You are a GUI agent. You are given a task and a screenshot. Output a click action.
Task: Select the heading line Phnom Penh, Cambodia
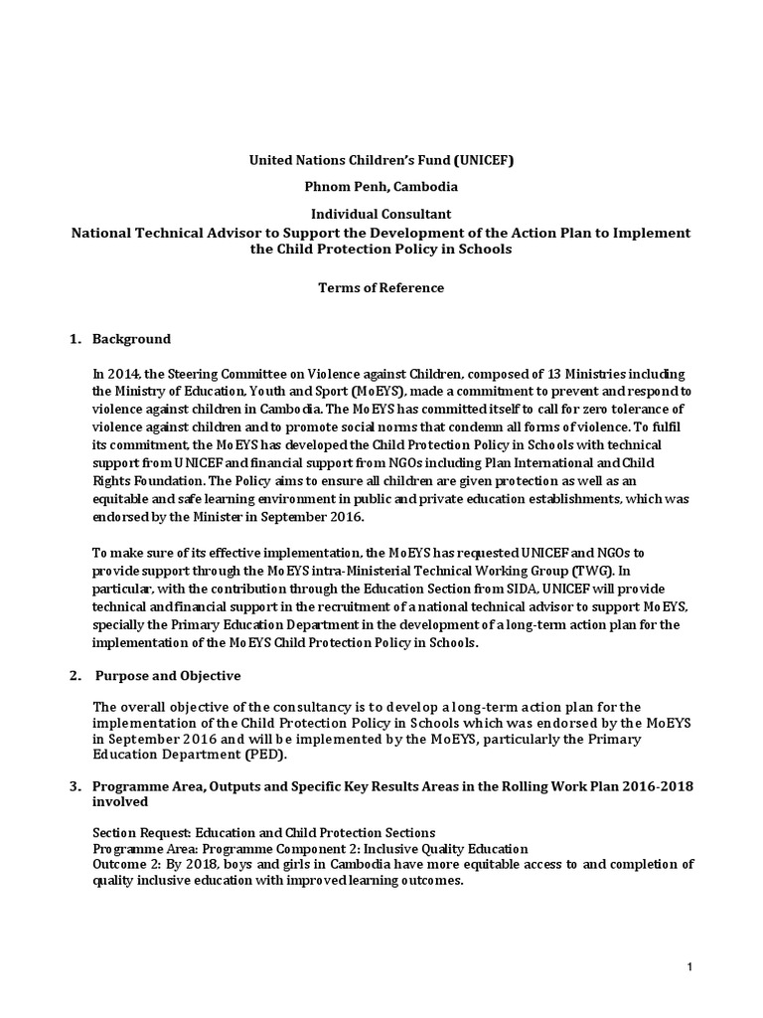(x=381, y=186)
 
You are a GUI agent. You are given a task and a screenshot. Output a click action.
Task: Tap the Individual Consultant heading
(x=381, y=214)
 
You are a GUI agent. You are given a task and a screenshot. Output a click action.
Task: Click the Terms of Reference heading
(x=381, y=288)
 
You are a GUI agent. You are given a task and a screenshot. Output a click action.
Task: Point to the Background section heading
(x=131, y=339)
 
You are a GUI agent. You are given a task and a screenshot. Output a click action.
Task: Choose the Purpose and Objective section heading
(x=168, y=676)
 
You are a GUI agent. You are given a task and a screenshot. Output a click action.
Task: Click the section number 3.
(x=75, y=786)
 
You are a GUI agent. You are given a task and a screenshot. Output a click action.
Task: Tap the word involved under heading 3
(x=120, y=801)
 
